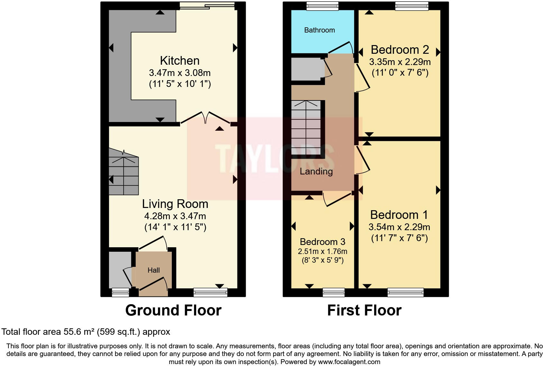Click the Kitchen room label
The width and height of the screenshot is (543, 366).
179,61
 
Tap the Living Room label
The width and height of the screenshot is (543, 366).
175,204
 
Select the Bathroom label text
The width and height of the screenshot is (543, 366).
319,30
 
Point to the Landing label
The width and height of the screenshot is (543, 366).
316,172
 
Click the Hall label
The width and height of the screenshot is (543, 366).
154,270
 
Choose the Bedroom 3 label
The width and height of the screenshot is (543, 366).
322,242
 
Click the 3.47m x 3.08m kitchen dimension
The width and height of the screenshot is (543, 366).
179,73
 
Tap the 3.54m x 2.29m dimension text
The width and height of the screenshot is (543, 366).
399,227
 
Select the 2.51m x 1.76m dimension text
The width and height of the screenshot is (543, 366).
322,251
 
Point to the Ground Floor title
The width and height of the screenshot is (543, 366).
173,310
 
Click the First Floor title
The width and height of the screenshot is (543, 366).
364,310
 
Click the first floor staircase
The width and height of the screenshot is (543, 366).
306,127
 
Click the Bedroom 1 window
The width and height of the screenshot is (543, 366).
406,292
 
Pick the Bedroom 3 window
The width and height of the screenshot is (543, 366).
334,292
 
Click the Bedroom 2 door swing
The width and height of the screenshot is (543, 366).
363,78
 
